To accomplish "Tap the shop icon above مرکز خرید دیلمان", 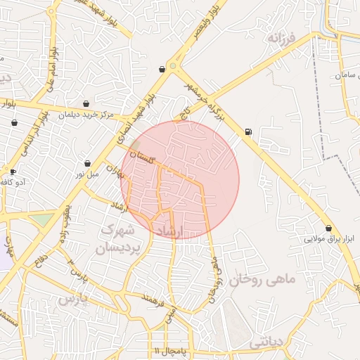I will click(x=86, y=103).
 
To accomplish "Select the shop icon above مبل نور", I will click(x=87, y=163).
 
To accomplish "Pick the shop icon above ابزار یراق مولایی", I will click(x=329, y=228).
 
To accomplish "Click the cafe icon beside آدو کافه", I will click(x=13, y=172).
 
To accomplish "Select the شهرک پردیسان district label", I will click(x=121, y=239).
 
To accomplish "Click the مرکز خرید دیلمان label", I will click(x=86, y=114).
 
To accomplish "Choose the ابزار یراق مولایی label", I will click(x=329, y=239).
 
